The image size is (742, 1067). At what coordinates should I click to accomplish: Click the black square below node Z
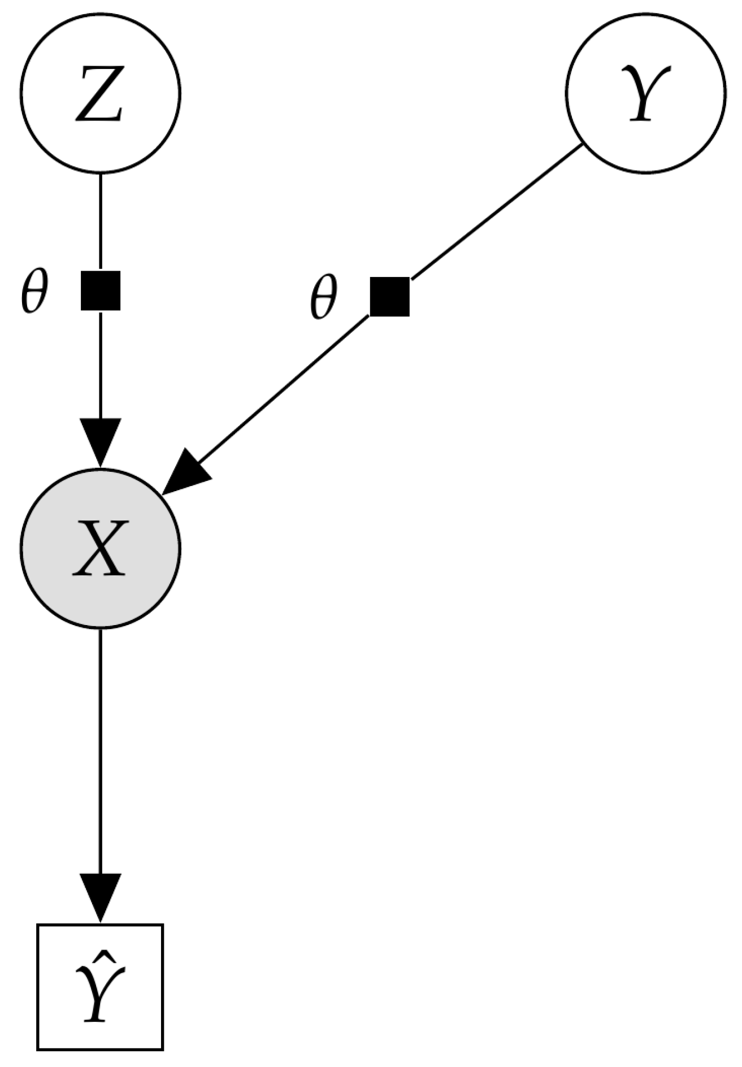coord(101,290)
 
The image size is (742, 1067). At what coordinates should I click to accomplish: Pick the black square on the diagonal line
coord(389,297)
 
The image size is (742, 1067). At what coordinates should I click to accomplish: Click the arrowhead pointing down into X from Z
coord(101,441)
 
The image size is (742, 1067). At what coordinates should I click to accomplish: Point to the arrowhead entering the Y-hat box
coord(101,896)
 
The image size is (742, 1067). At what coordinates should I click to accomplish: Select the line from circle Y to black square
coord(497,212)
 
